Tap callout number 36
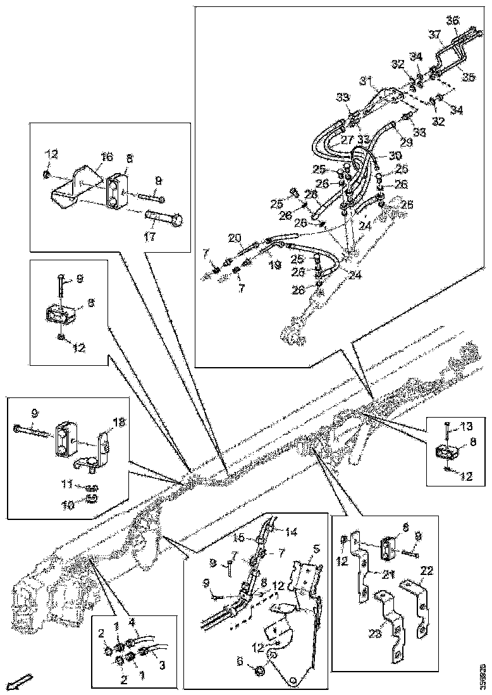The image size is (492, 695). coord(453,21)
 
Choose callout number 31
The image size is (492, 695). coord(366,80)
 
